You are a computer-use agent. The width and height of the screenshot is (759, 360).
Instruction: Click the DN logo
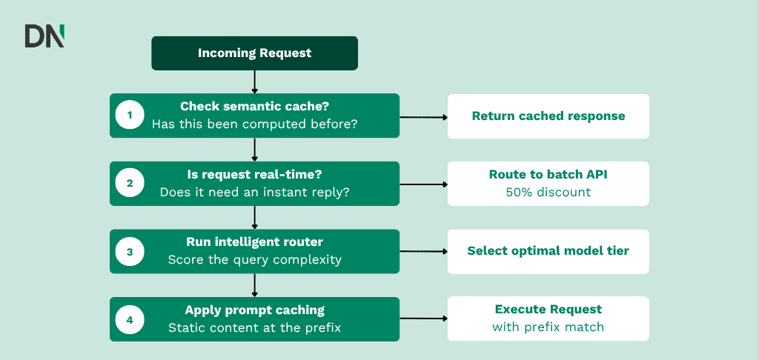pyautogui.click(x=44, y=36)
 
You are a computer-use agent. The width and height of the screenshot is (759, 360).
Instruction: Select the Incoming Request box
pyautogui.click(x=255, y=53)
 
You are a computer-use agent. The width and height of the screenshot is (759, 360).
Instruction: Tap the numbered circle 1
pyautogui.click(x=130, y=116)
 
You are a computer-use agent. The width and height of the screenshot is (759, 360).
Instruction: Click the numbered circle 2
pyautogui.click(x=130, y=184)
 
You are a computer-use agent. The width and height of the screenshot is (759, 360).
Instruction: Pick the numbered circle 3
pyautogui.click(x=130, y=252)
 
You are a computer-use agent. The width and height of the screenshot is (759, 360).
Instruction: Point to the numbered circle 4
pyautogui.click(x=130, y=320)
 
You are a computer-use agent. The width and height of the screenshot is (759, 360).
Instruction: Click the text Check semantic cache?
pyautogui.click(x=255, y=107)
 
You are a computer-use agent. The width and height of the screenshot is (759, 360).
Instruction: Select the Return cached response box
pyautogui.click(x=548, y=116)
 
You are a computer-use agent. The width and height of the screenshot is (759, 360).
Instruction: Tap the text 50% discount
pyautogui.click(x=548, y=192)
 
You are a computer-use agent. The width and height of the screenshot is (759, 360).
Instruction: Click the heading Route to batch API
pyautogui.click(x=548, y=175)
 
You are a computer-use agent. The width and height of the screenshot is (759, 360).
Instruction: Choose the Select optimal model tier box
pyautogui.click(x=548, y=252)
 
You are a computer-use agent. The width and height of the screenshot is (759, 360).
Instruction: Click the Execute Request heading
pyautogui.click(x=548, y=309)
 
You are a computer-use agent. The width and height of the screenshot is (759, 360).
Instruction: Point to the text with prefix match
pyautogui.click(x=548, y=327)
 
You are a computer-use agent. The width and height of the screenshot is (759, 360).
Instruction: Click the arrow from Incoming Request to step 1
pyautogui.click(x=255, y=81)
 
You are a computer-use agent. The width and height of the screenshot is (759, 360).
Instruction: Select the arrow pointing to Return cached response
pyautogui.click(x=423, y=117)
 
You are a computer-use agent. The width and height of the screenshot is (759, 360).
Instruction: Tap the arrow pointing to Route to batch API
pyautogui.click(x=423, y=184)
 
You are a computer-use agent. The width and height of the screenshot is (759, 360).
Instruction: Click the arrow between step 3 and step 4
pyautogui.click(x=255, y=285)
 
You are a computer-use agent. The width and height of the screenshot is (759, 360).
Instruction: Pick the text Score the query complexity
pyautogui.click(x=255, y=260)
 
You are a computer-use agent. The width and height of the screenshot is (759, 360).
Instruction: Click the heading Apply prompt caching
pyautogui.click(x=255, y=310)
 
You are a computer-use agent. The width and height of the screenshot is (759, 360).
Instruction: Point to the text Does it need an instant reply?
pyautogui.click(x=255, y=192)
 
